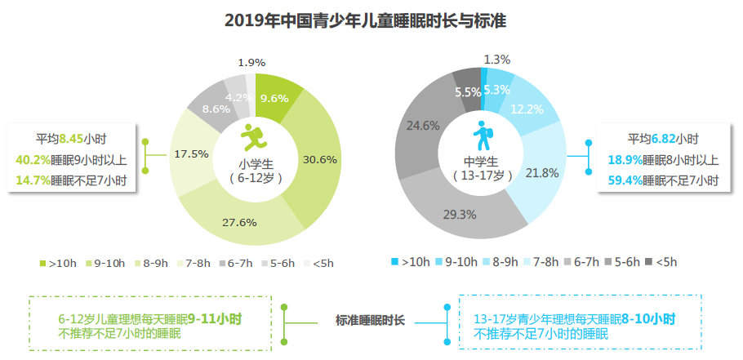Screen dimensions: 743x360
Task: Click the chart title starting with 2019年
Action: (x=365, y=21)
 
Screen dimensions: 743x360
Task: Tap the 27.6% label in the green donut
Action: (x=239, y=222)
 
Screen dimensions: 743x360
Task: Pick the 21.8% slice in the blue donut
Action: (x=541, y=173)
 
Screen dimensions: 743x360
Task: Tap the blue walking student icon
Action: (x=483, y=136)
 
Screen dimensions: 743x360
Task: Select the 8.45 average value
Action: (x=71, y=140)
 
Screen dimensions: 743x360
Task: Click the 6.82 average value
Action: (x=664, y=140)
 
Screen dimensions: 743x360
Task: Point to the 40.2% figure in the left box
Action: (x=33, y=160)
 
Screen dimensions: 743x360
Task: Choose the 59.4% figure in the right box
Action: (x=625, y=180)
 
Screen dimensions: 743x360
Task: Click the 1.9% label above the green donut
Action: (x=251, y=62)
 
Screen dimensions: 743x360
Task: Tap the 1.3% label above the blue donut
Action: (x=497, y=60)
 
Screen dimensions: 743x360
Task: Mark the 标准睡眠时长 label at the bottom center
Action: (x=370, y=320)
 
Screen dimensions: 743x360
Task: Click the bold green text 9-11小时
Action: (x=215, y=318)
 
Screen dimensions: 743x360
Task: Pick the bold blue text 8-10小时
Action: (x=648, y=319)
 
